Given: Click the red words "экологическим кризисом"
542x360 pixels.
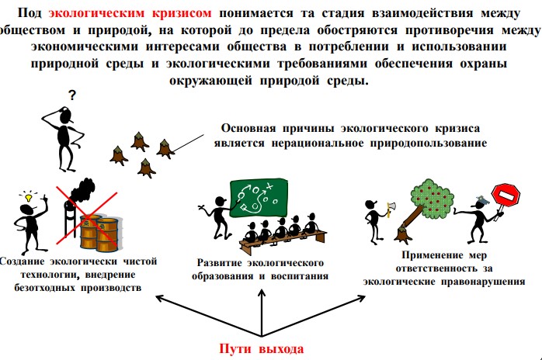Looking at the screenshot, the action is [130, 13].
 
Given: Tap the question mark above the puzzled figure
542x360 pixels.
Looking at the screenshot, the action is [72, 95].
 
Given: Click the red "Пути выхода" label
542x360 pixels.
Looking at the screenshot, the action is [262, 348].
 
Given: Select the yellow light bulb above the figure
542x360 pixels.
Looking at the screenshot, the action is [29, 198].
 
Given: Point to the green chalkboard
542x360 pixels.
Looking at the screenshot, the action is [259, 198].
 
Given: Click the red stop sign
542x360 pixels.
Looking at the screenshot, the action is [506, 195].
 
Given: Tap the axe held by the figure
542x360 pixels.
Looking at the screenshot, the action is [391, 209].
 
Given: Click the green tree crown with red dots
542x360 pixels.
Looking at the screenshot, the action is [432, 199].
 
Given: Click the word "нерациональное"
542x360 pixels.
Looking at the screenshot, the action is [318, 143].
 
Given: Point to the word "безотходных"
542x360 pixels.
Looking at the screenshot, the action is [44, 287].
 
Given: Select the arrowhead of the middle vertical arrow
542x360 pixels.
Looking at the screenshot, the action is [262, 293].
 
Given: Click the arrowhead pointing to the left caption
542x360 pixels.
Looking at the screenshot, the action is [161, 298].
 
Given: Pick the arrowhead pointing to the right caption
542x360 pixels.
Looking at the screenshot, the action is [361, 298].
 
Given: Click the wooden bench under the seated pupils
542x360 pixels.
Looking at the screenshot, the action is [283, 240].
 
